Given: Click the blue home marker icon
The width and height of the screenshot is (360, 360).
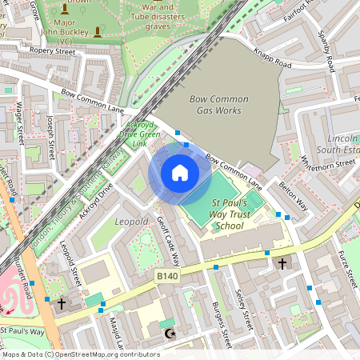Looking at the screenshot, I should tap(180, 173).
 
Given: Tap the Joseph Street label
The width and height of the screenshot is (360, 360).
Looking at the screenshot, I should tap(50, 135).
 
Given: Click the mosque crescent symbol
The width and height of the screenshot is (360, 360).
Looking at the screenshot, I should tap(168, 332).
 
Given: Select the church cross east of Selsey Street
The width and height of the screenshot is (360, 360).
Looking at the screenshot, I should tap(282, 262).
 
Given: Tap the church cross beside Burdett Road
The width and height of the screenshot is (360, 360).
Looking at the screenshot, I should tap(61, 304).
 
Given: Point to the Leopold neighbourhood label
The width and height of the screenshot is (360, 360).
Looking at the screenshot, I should tap(132, 220).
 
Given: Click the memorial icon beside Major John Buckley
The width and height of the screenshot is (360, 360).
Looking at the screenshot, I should tap(98, 32).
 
